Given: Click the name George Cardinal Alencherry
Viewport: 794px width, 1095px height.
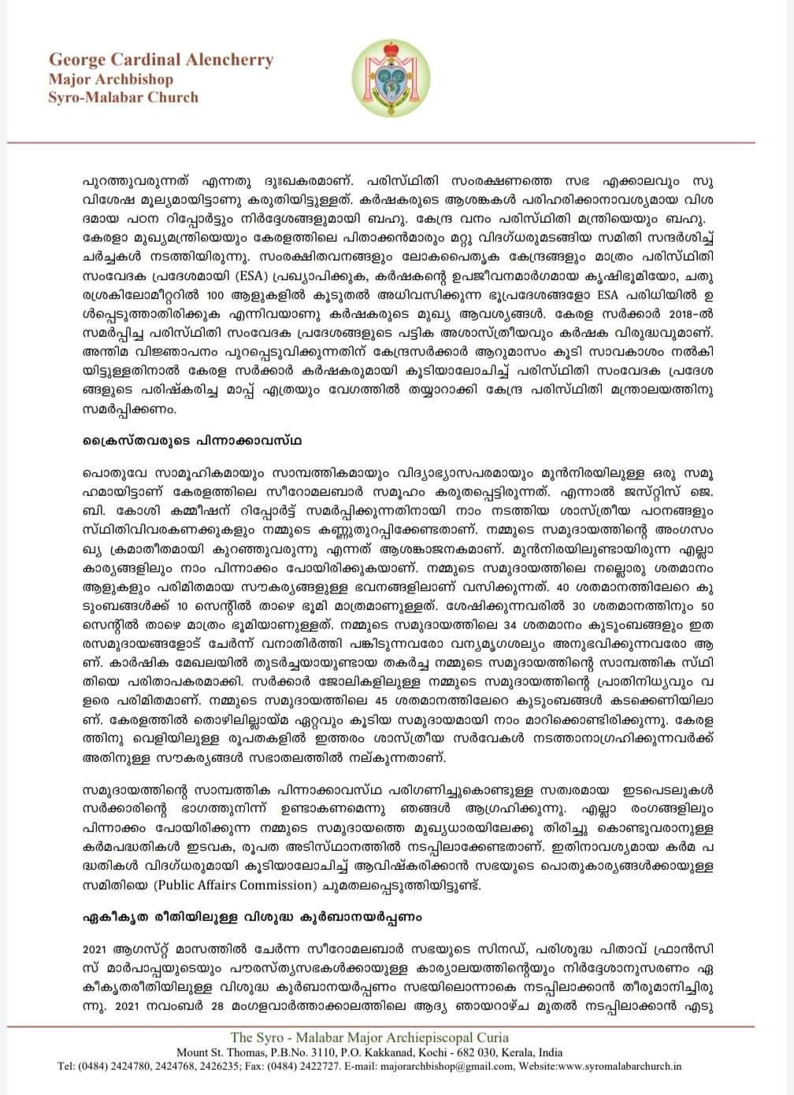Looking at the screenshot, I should point(161,60).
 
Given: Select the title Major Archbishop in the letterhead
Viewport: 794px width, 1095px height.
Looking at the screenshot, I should point(110,80).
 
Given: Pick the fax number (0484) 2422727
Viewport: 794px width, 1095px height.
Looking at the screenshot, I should point(302,1067).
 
